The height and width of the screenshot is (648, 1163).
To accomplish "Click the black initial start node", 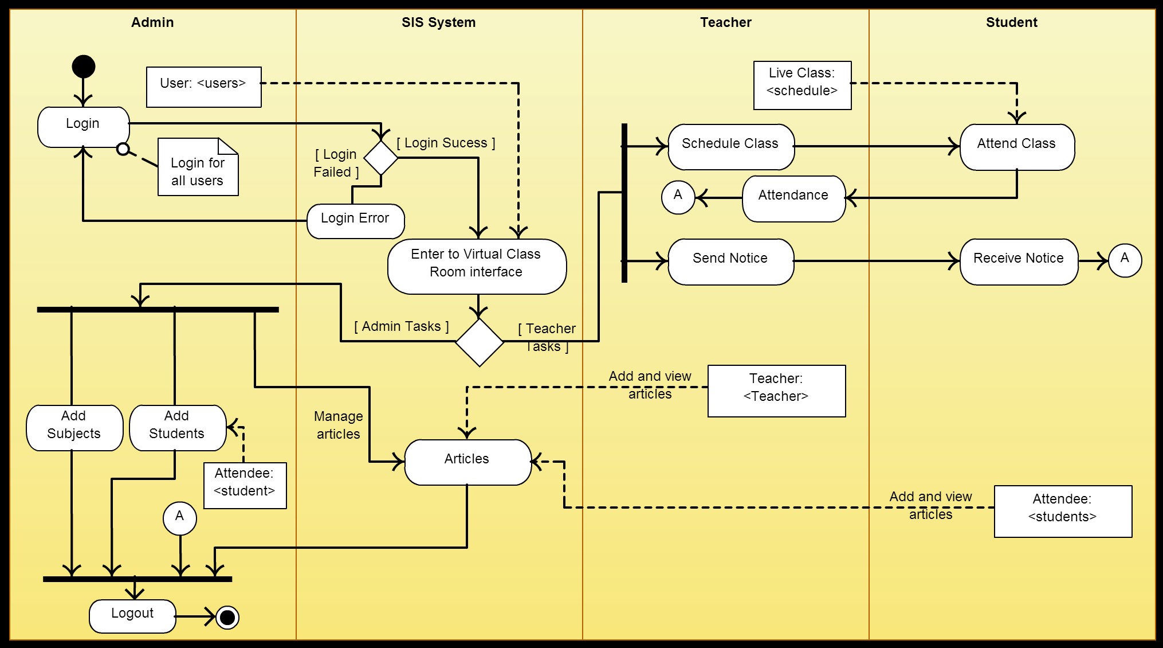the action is click(84, 67).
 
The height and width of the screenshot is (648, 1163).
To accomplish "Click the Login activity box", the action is click(84, 127).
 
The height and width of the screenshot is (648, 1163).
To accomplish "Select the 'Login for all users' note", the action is click(198, 167).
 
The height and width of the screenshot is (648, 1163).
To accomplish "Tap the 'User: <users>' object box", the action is click(204, 87).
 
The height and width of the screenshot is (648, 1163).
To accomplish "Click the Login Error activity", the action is click(356, 221).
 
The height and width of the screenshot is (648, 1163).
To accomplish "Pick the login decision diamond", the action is click(381, 158).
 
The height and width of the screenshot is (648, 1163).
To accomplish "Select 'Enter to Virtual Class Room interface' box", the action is click(477, 267).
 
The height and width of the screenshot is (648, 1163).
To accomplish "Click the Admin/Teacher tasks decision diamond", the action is click(480, 342).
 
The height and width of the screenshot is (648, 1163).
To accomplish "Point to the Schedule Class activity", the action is click(731, 147).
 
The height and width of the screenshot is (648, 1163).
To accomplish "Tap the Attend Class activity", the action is click(1017, 147).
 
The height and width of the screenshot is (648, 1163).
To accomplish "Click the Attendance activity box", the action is click(794, 198).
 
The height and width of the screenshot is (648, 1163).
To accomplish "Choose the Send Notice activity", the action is click(731, 261).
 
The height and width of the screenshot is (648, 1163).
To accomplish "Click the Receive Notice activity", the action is click(1019, 261).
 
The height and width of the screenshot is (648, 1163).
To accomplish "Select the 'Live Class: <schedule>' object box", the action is click(803, 85).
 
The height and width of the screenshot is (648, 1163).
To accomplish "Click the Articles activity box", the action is click(468, 462).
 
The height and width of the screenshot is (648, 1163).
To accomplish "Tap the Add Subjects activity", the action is click(74, 428).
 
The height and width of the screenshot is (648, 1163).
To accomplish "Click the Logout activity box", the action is click(132, 616).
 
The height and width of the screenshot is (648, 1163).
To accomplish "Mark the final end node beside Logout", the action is click(227, 617).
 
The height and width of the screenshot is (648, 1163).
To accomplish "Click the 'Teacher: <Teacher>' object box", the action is click(777, 391).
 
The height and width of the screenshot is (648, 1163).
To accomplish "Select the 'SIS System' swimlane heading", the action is click(439, 22).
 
